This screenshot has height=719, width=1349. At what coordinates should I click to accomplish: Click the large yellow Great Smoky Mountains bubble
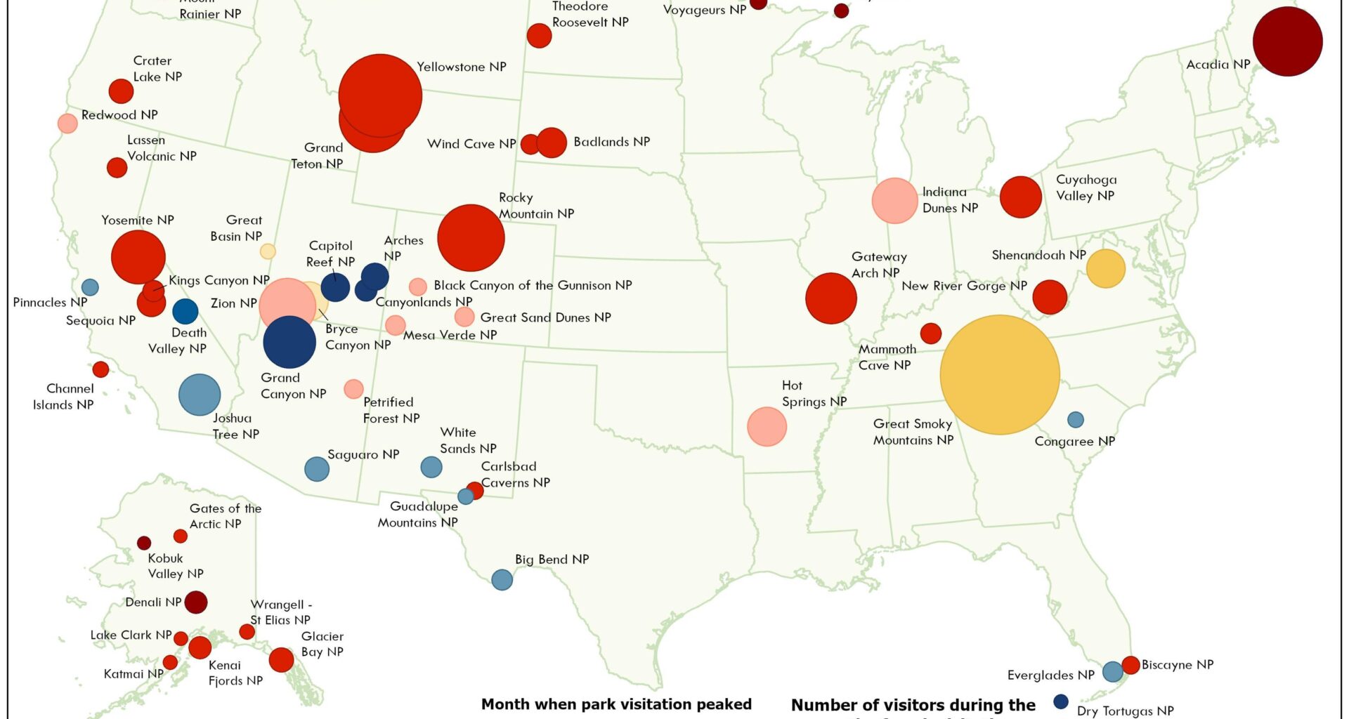(999, 375)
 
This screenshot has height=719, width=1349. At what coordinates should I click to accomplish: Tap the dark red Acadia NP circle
(1287, 41)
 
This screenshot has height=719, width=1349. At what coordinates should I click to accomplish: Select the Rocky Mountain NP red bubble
(471, 238)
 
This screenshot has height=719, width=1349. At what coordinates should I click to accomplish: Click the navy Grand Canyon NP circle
(289, 342)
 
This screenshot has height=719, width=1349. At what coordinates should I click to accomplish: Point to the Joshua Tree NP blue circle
(200, 395)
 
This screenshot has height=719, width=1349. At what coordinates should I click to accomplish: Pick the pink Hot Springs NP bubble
(767, 426)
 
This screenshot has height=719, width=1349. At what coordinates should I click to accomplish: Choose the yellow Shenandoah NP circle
(1105, 268)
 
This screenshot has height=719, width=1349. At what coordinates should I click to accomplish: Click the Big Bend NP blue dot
(502, 580)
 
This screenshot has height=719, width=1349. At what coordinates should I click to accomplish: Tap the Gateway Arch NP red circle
(831, 298)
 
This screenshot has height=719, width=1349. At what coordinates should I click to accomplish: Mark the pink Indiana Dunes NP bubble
(894, 201)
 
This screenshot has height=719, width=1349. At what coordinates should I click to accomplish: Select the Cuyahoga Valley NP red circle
(1020, 197)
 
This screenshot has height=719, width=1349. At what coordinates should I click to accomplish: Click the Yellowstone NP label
(461, 67)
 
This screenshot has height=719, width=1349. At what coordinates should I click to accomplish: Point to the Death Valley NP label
(177, 341)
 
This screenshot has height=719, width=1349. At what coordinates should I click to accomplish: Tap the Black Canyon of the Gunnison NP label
(533, 286)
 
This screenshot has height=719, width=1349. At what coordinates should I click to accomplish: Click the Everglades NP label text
(1050, 675)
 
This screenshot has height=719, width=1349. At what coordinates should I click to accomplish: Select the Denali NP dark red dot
(195, 602)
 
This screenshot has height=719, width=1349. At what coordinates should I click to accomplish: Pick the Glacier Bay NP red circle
(281, 659)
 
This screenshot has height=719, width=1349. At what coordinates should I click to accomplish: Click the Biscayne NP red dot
(1130, 665)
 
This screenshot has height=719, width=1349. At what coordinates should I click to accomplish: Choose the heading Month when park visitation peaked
(616, 704)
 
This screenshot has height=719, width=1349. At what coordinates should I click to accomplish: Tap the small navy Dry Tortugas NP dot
(1061, 701)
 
